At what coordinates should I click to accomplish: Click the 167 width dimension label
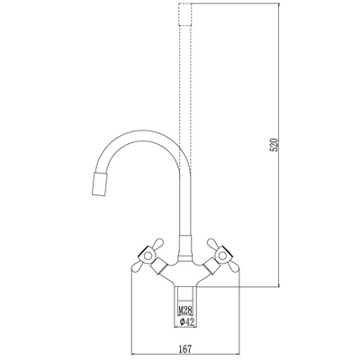click(x=185, y=349)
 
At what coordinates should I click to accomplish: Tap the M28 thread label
click(x=185, y=310)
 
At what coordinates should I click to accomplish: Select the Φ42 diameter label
click(x=186, y=322)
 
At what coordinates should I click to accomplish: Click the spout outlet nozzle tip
click(x=100, y=184)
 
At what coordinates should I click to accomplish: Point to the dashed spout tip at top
click(x=184, y=14)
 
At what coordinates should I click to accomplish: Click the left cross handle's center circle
click(x=148, y=256)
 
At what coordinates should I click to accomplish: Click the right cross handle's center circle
click(x=222, y=256)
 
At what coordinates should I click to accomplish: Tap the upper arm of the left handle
click(x=157, y=243)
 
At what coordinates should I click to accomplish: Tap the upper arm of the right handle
click(x=212, y=243)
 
